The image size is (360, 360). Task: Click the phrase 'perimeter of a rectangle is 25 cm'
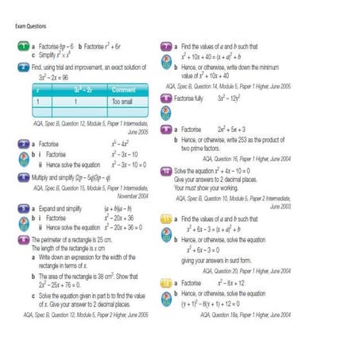pyautogui.click(x=75, y=238)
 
